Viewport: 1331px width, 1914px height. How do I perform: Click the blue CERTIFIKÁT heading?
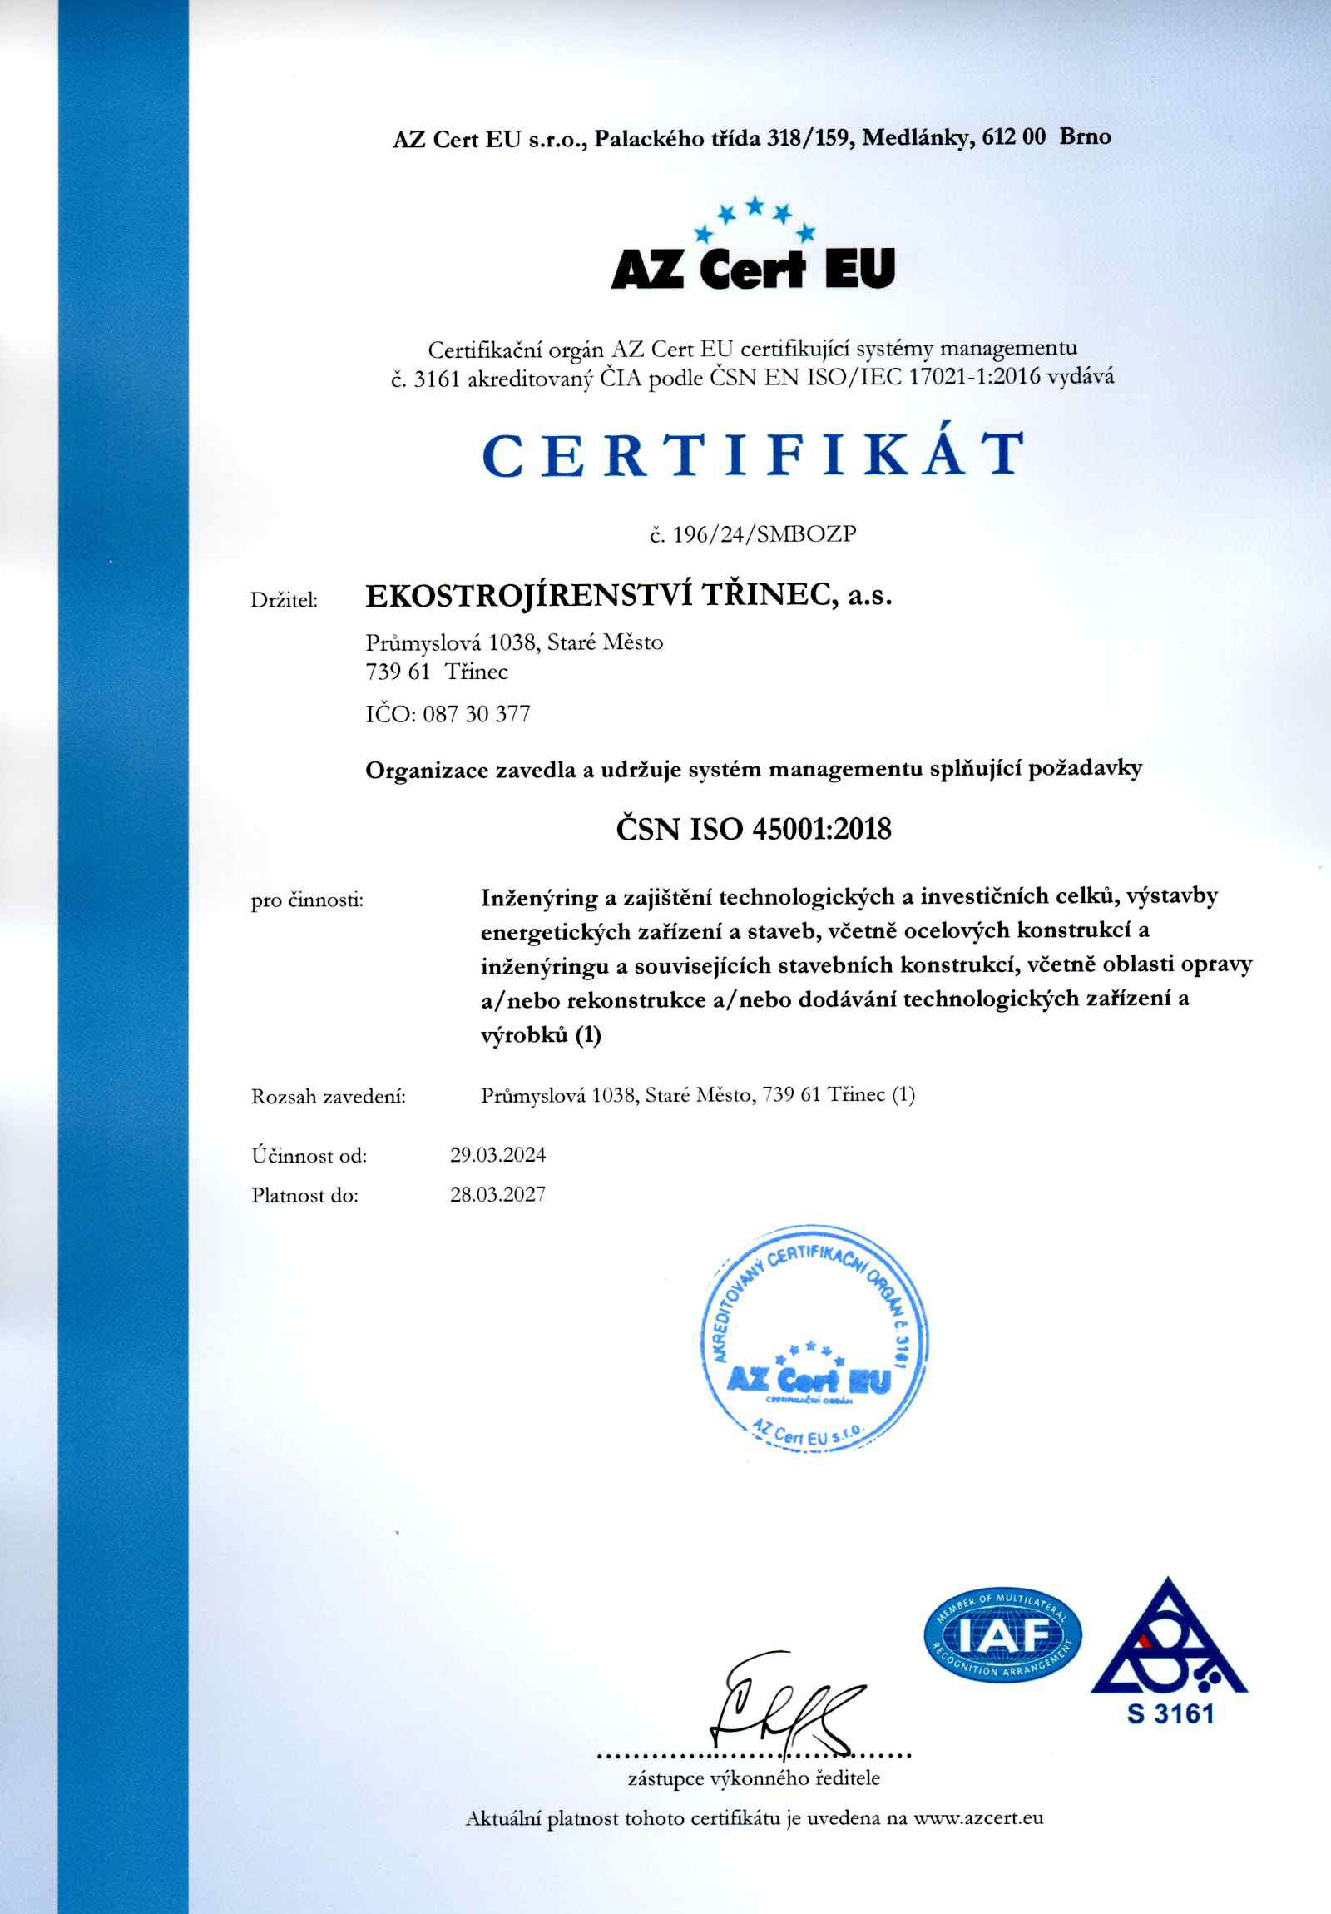pos(753,454)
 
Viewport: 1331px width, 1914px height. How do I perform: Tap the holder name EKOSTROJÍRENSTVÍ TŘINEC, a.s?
pos(628,596)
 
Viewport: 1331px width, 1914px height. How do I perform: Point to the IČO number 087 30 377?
pos(476,714)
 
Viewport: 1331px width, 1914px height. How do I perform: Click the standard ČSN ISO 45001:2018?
pos(754,829)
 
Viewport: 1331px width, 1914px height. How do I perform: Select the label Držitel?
pos(284,600)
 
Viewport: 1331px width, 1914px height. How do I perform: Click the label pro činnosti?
pos(308,900)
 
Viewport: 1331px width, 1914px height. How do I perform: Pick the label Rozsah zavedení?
pos(329,1097)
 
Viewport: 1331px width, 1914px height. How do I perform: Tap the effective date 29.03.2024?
pos(497,1154)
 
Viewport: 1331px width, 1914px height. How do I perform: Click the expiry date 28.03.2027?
pos(497,1194)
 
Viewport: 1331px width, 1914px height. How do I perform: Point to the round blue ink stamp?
pos(810,1339)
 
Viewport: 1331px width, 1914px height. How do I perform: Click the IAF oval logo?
pos(1002,1636)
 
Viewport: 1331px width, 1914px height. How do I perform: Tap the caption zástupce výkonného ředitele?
pos(754,1778)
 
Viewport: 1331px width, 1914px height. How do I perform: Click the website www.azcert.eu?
pos(978,1818)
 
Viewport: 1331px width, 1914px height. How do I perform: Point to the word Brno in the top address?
pos(1085,136)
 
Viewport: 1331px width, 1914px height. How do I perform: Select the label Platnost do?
pos(304,1195)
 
